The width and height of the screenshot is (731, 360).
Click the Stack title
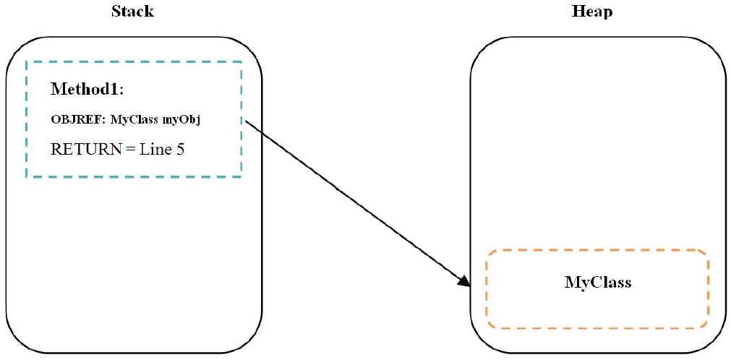point(132,12)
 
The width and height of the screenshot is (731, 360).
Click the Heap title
point(592,12)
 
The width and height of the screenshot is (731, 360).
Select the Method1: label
point(87,90)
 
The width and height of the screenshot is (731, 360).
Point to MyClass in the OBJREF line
point(134,119)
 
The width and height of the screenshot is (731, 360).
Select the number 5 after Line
point(180,150)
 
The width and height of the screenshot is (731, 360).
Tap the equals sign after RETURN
point(130,150)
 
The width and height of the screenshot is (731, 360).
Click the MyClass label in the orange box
point(597,282)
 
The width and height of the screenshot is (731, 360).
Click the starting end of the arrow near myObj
point(247,121)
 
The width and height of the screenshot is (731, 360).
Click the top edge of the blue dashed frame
point(134,62)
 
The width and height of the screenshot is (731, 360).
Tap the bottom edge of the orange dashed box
point(597,327)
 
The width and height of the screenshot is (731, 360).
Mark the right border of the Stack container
point(261,217)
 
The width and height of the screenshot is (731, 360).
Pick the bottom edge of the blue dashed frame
point(134,176)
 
